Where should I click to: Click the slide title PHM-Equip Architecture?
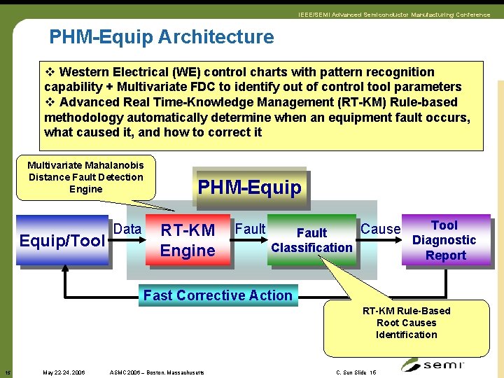click(x=161, y=36)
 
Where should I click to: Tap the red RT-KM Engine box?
click(x=188, y=240)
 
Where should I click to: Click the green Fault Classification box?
click(x=311, y=240)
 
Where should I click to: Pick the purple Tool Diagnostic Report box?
click(x=444, y=240)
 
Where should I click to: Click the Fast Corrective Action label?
click(x=218, y=295)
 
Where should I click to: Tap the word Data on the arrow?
click(x=127, y=229)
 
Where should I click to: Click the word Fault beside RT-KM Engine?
click(x=250, y=229)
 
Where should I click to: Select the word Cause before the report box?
click(x=380, y=229)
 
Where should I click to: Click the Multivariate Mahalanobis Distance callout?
click(x=85, y=177)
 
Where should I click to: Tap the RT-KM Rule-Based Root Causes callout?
click(x=406, y=323)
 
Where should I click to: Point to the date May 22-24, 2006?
click(x=64, y=372)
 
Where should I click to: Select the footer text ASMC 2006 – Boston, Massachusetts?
click(x=157, y=372)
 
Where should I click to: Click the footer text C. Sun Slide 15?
click(x=356, y=372)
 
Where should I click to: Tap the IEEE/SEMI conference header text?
click(x=394, y=15)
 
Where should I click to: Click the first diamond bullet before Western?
click(x=50, y=72)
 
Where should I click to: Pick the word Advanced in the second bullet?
click(x=88, y=102)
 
